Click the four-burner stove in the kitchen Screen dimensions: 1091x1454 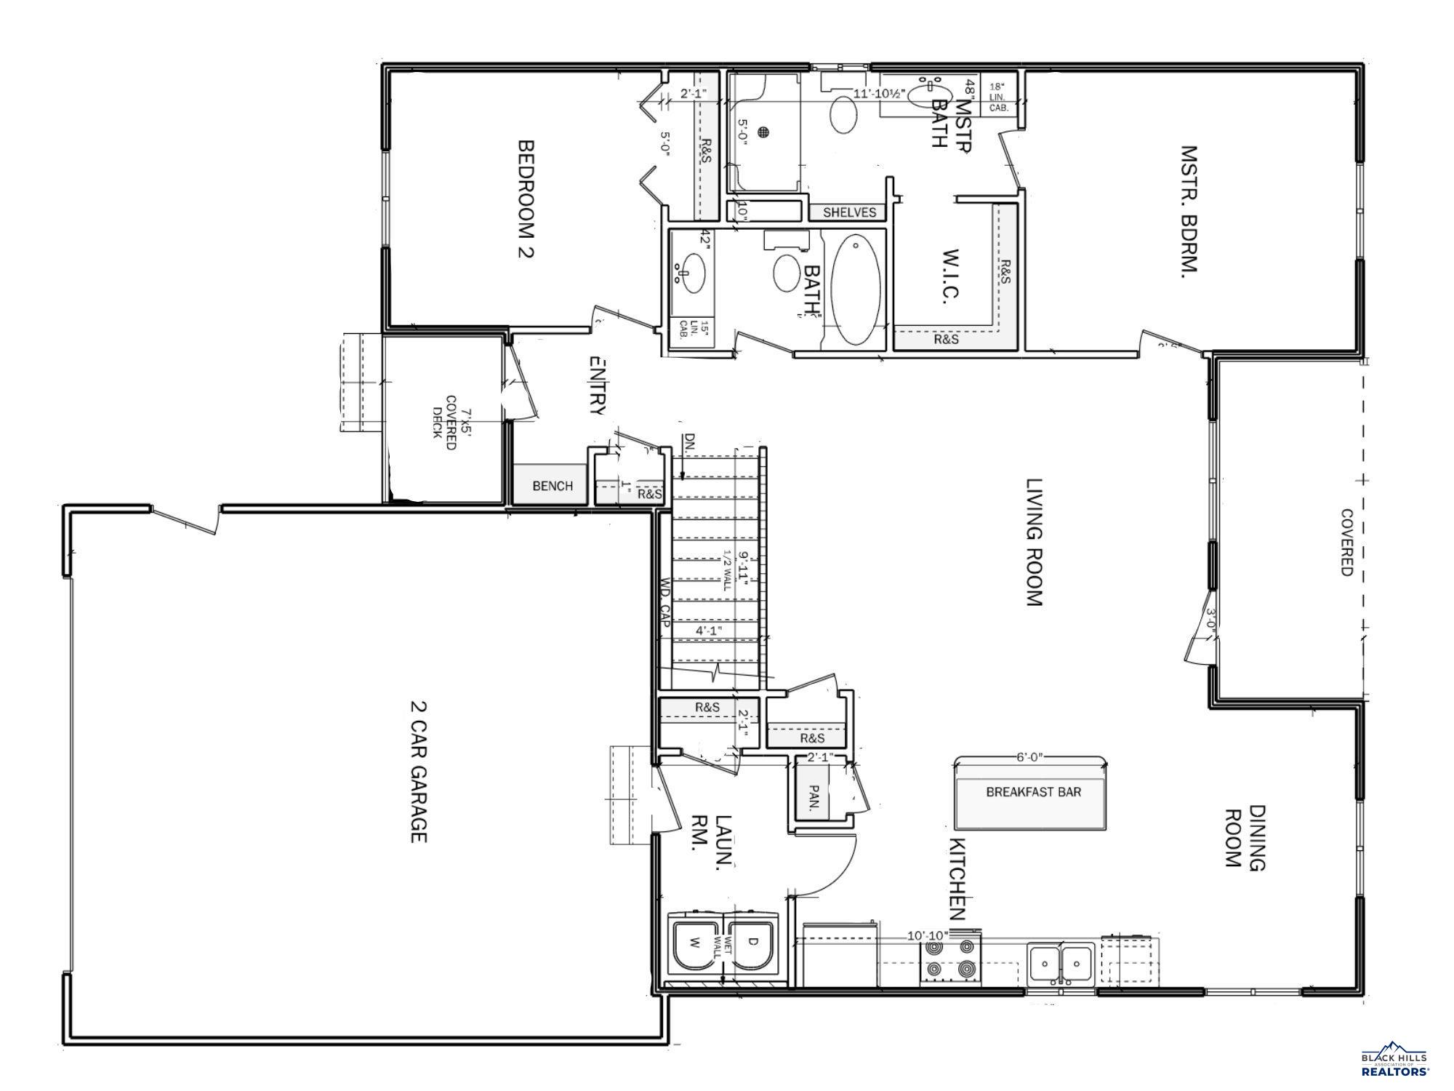pyautogui.click(x=949, y=959)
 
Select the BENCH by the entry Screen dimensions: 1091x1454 pyautogui.click(x=552, y=486)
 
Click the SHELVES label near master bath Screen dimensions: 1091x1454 pyautogui.click(x=849, y=212)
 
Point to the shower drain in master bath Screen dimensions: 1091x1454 pyautogui.click(x=763, y=132)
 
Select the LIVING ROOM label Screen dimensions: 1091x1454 pyautogui.click(x=1033, y=542)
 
